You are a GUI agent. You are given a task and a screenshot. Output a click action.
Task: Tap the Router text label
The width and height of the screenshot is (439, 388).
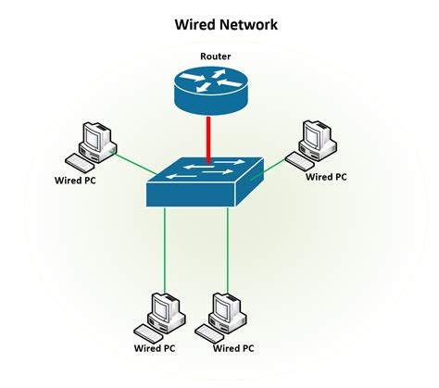[215, 56]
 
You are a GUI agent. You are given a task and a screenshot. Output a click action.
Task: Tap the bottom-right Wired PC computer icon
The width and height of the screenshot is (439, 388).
[227, 315]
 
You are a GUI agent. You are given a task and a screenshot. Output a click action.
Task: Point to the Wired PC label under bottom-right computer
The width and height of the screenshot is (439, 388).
[233, 350]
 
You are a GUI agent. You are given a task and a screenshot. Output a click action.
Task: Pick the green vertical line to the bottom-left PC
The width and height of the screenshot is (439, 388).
[165, 250]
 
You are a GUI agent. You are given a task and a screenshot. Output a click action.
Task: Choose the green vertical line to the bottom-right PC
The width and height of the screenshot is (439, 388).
[228, 250]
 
